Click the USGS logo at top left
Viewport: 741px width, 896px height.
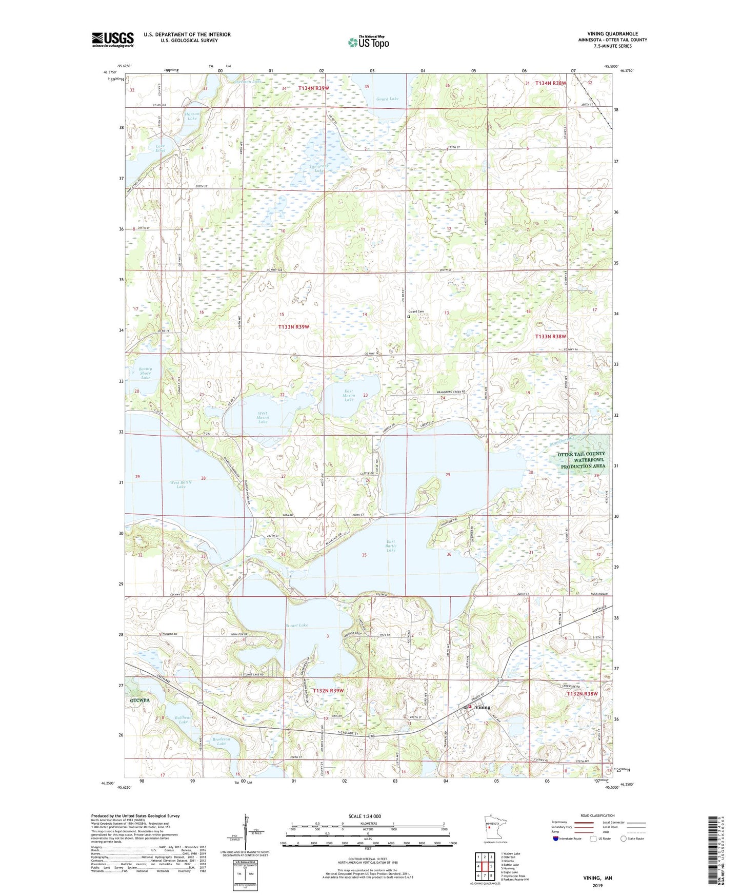pos(113,40)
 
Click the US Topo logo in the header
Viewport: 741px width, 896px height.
pos(368,42)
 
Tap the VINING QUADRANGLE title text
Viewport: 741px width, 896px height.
pos(612,34)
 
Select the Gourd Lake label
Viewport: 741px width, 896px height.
pos(387,99)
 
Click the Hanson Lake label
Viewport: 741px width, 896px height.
pos(192,116)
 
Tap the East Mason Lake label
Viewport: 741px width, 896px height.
pos(349,395)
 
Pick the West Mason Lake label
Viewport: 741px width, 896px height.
pos(263,417)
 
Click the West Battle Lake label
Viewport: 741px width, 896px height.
pos(181,484)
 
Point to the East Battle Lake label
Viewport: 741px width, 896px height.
pos(391,546)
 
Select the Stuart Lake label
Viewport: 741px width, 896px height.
pos(297,625)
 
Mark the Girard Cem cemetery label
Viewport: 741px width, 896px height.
pos(416,311)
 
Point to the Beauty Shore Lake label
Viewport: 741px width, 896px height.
pos(145,373)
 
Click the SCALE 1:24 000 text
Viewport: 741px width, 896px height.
pos(365,816)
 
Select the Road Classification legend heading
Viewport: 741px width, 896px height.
pos(597,815)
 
